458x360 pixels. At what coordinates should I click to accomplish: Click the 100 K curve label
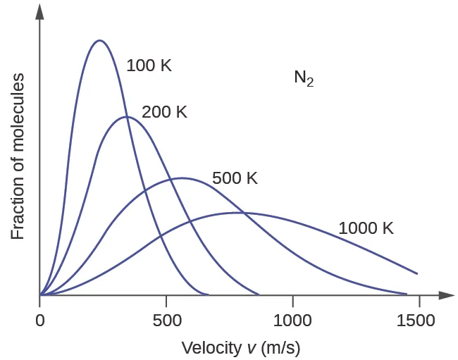click(149, 66)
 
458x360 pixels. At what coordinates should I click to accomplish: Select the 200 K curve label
click(164, 112)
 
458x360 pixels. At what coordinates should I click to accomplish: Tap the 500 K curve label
click(235, 178)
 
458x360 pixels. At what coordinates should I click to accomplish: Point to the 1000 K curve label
click(366, 228)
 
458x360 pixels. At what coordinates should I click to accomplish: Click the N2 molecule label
click(304, 77)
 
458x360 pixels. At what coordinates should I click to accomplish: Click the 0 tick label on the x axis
click(40, 320)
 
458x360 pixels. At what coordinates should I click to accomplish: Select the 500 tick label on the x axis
click(166, 320)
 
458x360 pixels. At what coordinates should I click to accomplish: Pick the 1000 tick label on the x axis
click(292, 320)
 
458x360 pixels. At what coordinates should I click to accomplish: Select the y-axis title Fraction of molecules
click(18, 156)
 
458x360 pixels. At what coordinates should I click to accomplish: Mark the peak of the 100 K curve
click(99, 40)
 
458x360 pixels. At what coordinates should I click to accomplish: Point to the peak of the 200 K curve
click(126, 116)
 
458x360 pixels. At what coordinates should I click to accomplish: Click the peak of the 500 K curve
click(182, 178)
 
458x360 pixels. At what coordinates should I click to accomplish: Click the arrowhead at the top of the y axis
click(40, 10)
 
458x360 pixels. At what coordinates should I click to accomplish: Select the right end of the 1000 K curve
click(417, 273)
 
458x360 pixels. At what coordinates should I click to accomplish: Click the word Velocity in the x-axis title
click(204, 348)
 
